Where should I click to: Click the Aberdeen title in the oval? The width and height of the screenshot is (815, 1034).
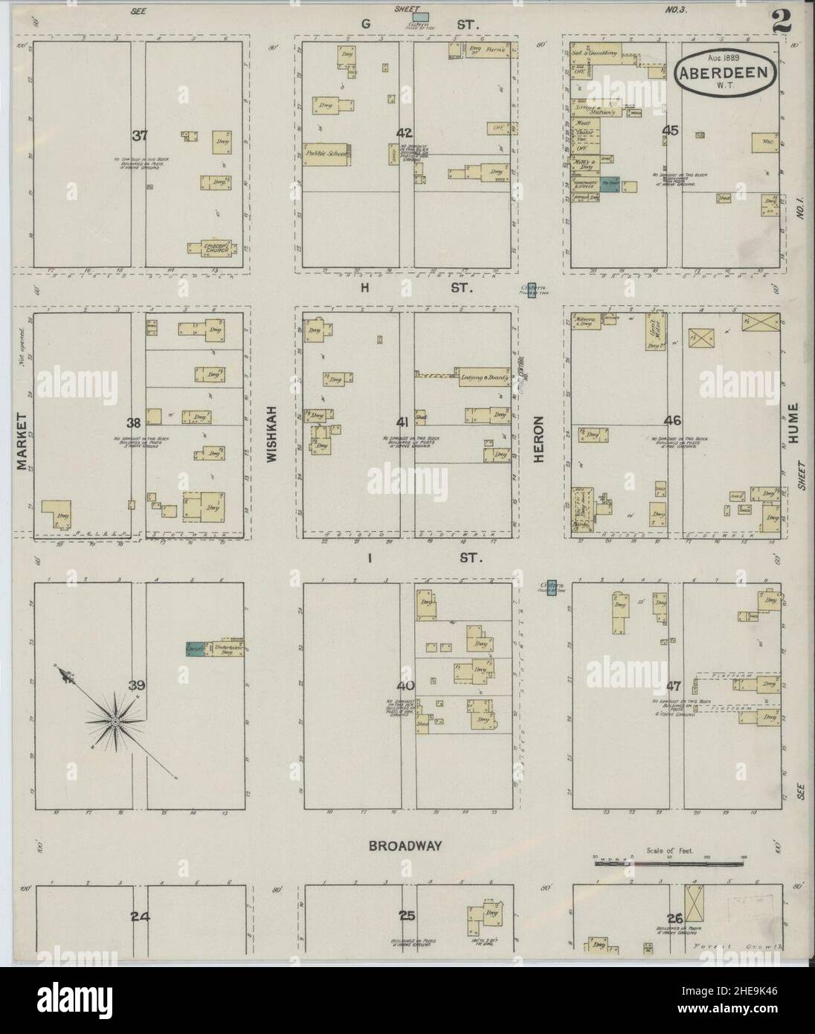coord(727,74)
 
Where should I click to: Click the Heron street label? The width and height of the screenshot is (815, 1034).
coord(539,441)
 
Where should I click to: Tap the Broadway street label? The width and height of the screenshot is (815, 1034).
coord(405,846)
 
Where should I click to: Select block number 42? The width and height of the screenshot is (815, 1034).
coord(404,133)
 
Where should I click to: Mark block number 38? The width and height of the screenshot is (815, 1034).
coord(133,423)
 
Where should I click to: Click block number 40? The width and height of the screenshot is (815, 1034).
coord(405,684)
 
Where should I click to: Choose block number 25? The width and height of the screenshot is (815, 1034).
coord(406,916)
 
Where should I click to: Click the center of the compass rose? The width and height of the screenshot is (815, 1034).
coord(116,722)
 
